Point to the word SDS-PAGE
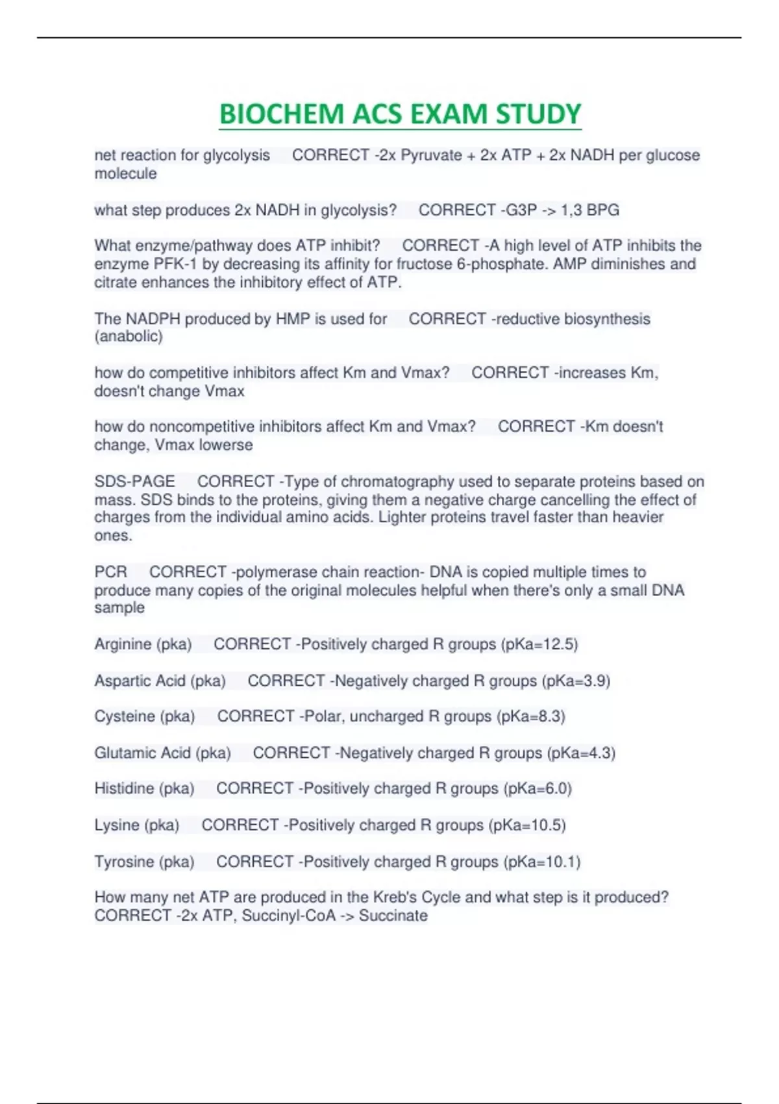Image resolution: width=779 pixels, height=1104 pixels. (x=134, y=481)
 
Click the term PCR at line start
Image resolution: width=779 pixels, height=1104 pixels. (x=110, y=572)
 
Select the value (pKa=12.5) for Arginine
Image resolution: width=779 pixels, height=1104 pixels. (x=539, y=644)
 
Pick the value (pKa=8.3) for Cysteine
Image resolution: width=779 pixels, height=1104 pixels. (x=530, y=716)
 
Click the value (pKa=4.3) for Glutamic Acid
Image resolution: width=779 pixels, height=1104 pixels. (x=581, y=753)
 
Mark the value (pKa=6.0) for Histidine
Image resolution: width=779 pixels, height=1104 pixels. (x=538, y=788)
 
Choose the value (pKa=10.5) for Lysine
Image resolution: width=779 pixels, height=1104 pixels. (x=527, y=825)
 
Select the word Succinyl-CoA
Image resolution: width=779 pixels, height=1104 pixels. (x=289, y=916)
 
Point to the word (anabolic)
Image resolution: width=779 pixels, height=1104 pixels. (x=129, y=336)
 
